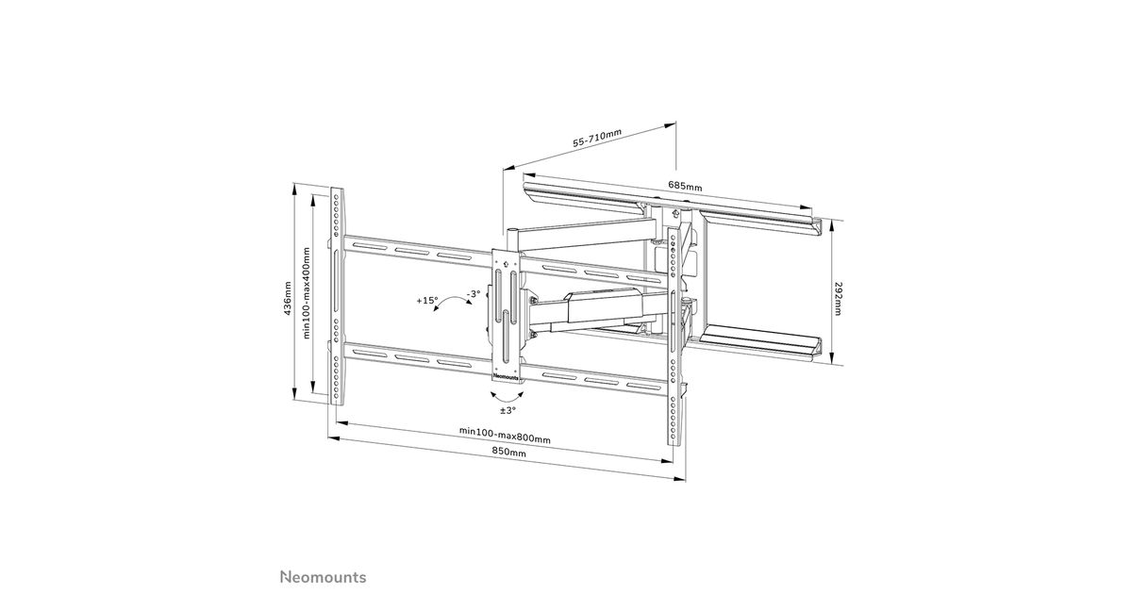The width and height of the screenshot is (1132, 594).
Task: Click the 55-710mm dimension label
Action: [x=597, y=138]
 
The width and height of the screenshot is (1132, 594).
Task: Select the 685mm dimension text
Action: [x=685, y=186]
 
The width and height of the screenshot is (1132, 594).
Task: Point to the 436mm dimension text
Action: [x=287, y=299]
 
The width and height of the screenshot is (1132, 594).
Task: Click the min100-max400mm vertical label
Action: [x=307, y=293]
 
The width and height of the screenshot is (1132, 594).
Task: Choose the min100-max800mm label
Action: [x=505, y=435]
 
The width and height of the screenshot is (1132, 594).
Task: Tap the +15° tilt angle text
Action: [x=427, y=300]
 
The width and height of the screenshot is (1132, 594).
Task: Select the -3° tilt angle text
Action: [x=473, y=293]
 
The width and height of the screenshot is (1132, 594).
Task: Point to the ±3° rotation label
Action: [x=508, y=410]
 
